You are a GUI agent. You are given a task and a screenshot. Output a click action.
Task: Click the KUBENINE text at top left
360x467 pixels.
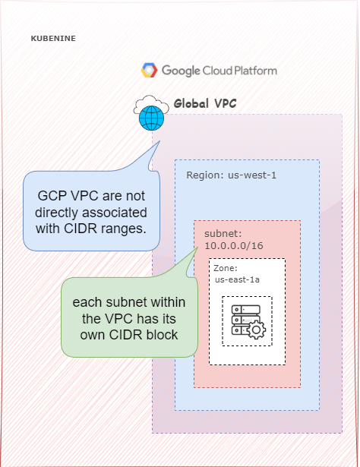(x=53, y=37)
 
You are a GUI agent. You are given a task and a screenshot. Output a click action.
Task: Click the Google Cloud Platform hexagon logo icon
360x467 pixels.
(x=149, y=71)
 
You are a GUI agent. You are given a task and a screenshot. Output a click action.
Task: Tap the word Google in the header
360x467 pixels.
(x=181, y=71)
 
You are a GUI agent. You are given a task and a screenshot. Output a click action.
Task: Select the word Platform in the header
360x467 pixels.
(x=254, y=71)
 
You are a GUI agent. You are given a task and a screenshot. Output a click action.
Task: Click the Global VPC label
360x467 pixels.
(x=204, y=103)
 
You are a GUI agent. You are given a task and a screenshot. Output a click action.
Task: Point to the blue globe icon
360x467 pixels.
(x=151, y=118)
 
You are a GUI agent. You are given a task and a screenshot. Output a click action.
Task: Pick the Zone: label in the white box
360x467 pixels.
(x=226, y=269)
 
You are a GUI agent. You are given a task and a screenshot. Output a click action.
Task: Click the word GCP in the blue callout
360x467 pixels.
(x=52, y=194)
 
